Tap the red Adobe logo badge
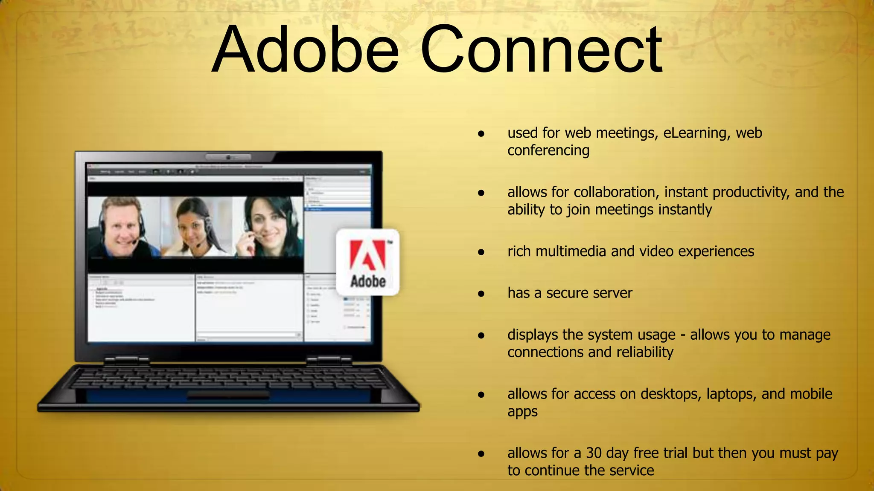coord(368,262)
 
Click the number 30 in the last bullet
coord(594,453)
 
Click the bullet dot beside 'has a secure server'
coord(481,294)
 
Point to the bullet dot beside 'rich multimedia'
coord(481,252)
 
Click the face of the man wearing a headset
coord(121,225)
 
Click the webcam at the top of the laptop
coord(228,157)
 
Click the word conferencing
coord(548,151)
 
